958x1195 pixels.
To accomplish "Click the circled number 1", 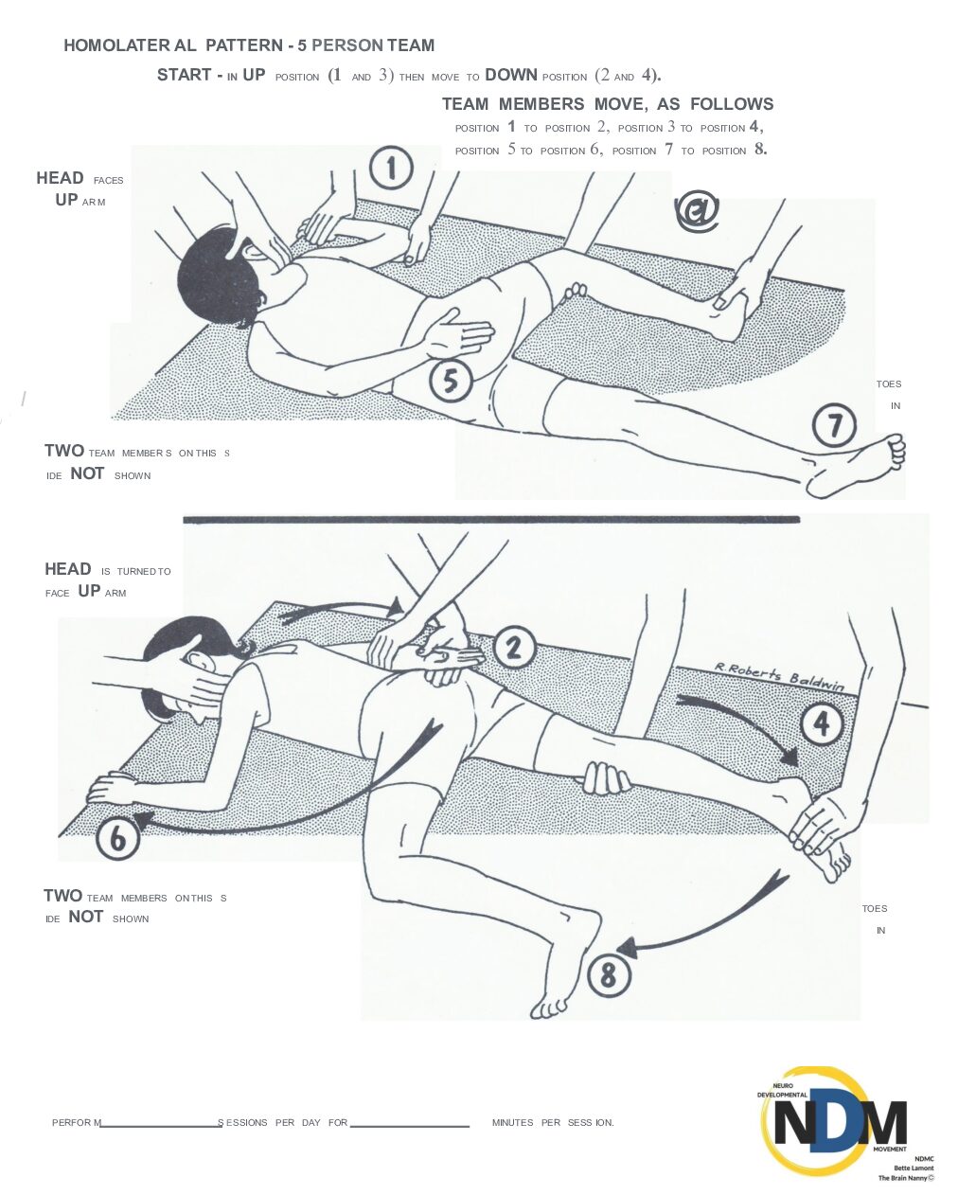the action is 391,168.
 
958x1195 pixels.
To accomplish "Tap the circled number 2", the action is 514,648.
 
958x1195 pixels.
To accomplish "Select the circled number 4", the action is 822,723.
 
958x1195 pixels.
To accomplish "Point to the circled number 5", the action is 451,382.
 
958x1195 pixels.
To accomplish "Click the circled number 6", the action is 117,838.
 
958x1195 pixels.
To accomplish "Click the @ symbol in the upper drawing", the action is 697,210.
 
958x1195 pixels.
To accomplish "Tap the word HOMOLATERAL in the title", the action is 130,45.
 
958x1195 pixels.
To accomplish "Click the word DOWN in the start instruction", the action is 511,75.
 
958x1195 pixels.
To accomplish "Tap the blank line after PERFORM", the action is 161,1126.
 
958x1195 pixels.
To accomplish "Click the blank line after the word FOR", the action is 410,1126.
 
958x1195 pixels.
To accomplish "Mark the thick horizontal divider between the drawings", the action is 491,520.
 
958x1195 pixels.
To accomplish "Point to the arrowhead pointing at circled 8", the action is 626,948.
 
